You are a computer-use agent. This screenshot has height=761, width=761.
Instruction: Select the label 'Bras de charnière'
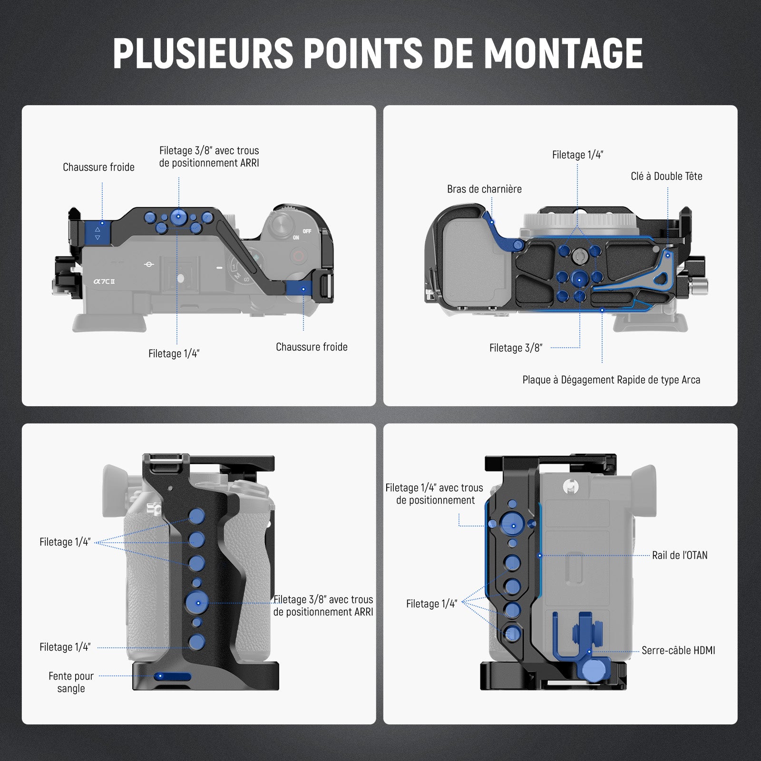click(x=484, y=189)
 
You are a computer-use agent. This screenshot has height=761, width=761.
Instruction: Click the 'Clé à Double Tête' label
click(x=666, y=176)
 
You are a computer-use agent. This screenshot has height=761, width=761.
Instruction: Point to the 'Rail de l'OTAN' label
click(x=680, y=555)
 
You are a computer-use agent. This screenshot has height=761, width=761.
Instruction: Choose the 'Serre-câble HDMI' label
click(x=678, y=650)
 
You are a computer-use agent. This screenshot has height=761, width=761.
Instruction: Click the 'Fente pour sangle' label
click(x=71, y=682)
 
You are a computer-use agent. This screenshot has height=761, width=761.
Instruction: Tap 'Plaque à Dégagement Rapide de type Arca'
click(x=611, y=380)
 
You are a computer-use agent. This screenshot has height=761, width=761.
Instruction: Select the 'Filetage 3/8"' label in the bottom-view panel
click(x=516, y=348)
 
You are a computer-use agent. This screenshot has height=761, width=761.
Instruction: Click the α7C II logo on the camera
click(x=104, y=281)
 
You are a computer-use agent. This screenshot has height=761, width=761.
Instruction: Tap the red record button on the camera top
click(x=299, y=257)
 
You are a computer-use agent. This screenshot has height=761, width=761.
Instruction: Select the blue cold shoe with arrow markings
click(x=98, y=230)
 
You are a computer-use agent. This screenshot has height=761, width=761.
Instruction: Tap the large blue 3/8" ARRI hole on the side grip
click(x=197, y=602)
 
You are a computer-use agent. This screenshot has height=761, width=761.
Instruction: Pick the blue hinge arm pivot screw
click(x=518, y=245)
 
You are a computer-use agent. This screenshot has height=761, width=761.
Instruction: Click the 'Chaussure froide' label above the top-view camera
click(x=98, y=167)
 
